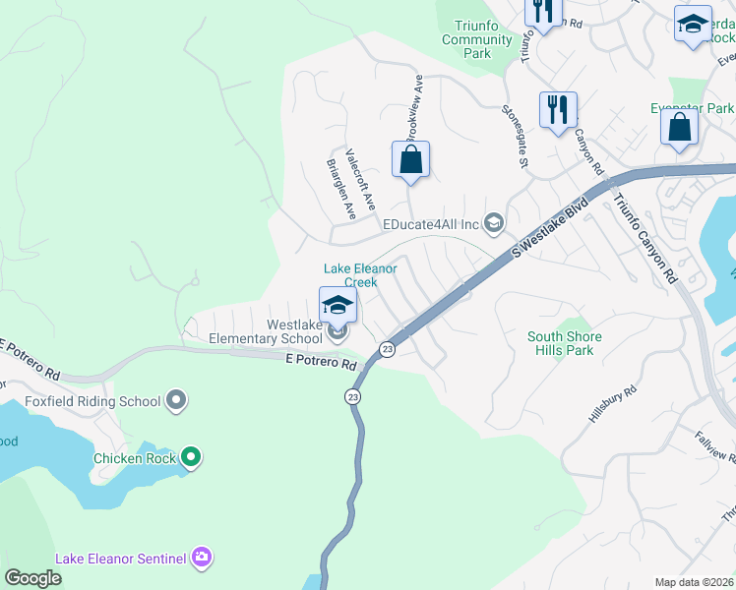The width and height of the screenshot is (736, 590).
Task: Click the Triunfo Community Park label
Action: pyautogui.click(x=477, y=39)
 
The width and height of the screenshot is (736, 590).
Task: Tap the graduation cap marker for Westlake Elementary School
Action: pyautogui.click(x=337, y=306)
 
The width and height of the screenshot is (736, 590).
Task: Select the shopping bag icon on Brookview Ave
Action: pyautogui.click(x=411, y=159)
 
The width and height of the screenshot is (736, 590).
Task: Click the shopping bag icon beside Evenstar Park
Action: pyautogui.click(x=679, y=127)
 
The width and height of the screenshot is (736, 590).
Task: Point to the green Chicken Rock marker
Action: pyautogui.click(x=191, y=457)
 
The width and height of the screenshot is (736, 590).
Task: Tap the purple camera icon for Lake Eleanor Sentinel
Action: pyautogui.click(x=202, y=559)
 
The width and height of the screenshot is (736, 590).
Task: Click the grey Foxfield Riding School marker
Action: pyautogui.click(x=176, y=400)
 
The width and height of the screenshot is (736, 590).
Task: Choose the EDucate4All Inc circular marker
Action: pyautogui.click(x=494, y=224)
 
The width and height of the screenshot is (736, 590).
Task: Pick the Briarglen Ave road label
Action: pyautogui.click(x=339, y=189)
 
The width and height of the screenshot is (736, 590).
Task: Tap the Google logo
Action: pyautogui.click(x=33, y=577)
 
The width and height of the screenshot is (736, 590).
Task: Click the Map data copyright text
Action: pyautogui.click(x=694, y=582)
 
